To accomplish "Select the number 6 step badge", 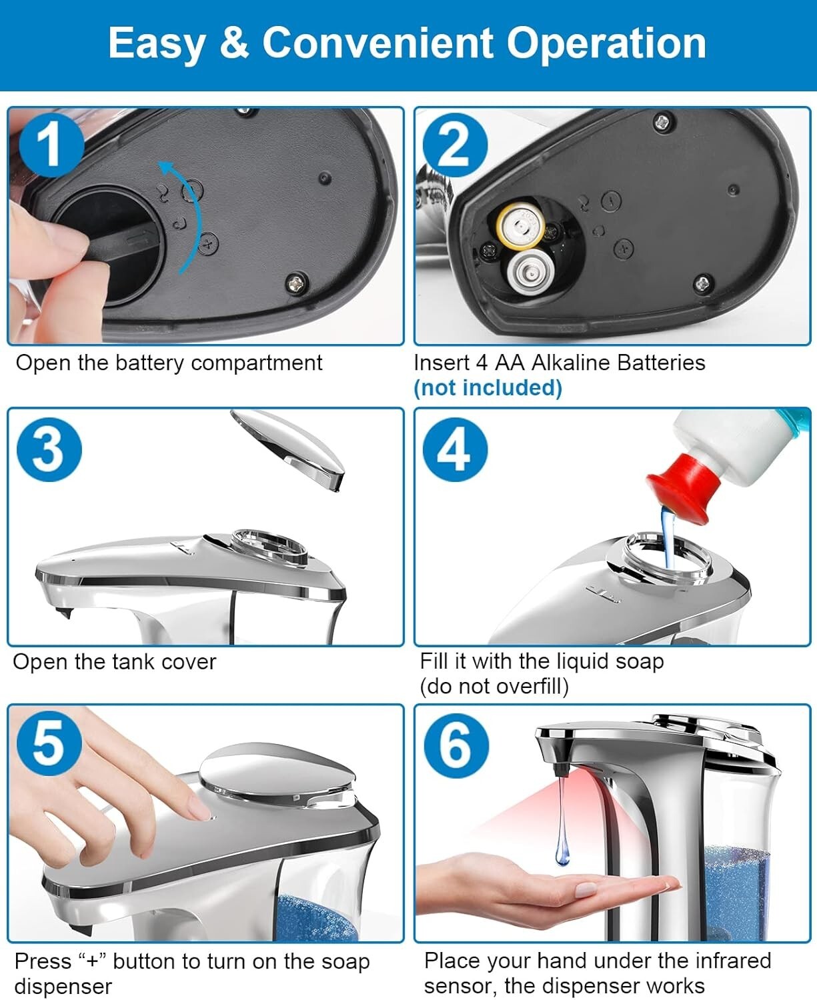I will click(456, 745).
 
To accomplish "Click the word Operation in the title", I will click(606, 43).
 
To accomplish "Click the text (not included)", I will click(488, 387).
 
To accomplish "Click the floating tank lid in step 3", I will click(291, 447).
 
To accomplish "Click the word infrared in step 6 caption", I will click(733, 961).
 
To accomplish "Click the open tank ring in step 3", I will click(270, 547).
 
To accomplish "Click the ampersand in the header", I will click(233, 43).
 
